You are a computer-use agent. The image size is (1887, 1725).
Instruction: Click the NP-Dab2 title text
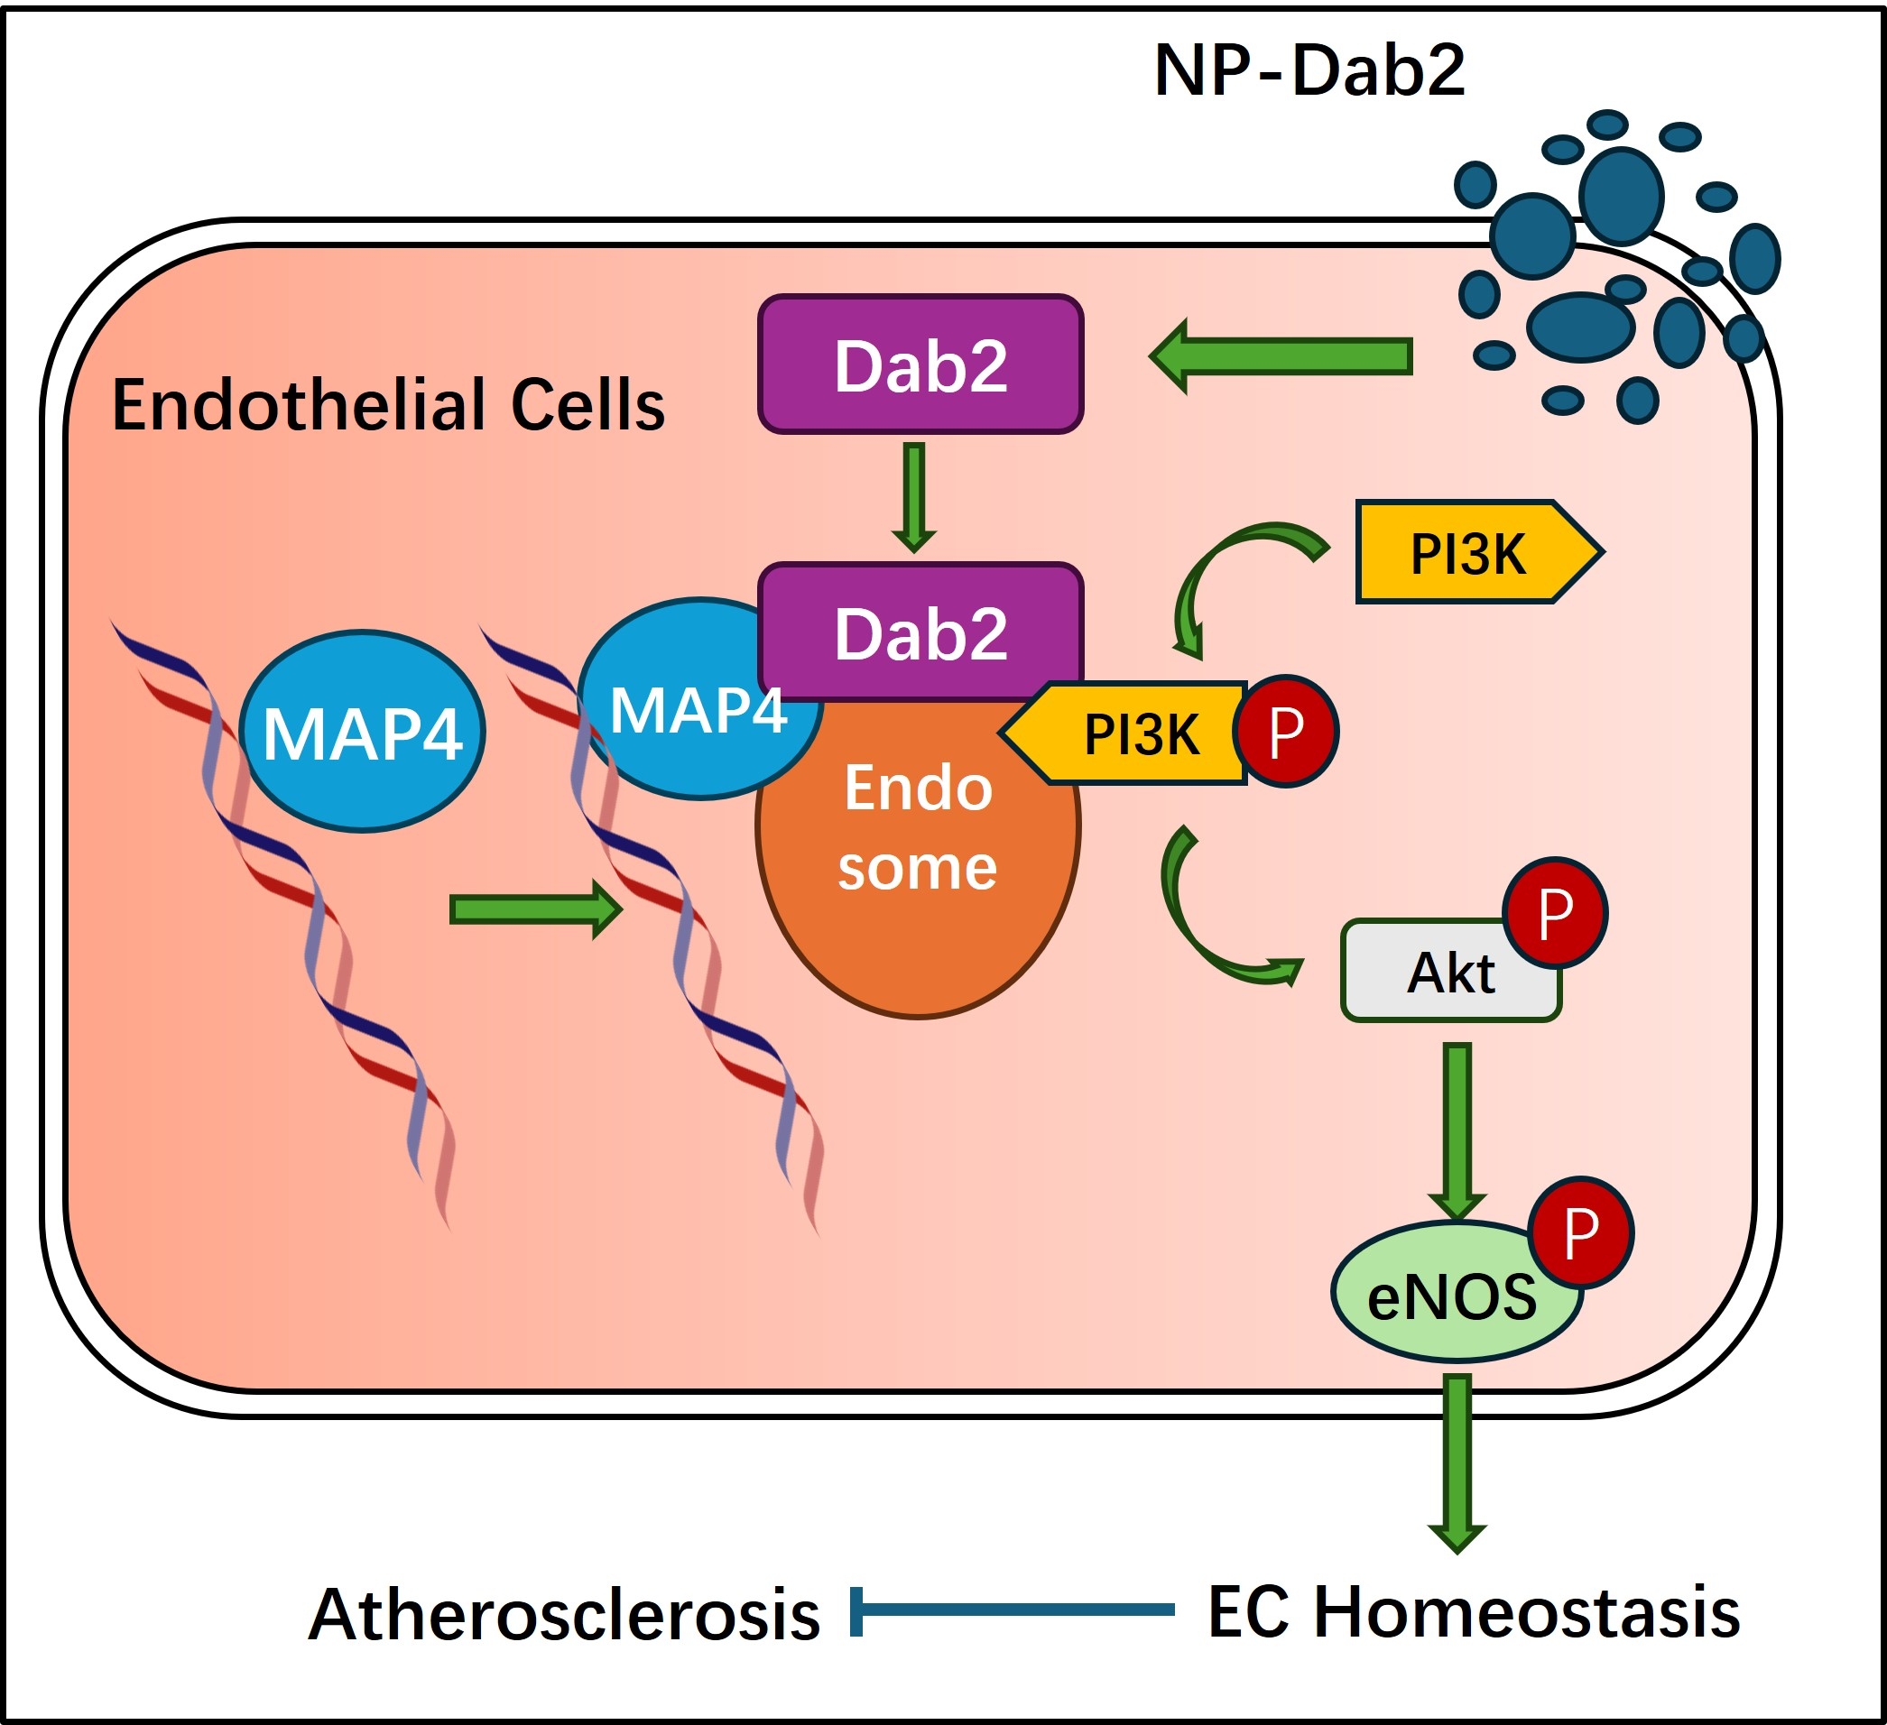pos(1309,71)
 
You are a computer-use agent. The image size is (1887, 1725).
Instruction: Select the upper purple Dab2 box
pos(921,365)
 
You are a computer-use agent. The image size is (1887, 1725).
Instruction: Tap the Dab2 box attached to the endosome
pos(921,632)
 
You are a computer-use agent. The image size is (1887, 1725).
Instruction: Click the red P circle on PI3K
pos(1286,731)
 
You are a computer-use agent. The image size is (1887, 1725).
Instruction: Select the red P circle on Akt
pos(1555,913)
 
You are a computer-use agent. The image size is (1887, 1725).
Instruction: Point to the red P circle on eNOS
pos(1581,1231)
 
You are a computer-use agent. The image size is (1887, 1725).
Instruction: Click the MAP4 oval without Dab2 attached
pos(362,731)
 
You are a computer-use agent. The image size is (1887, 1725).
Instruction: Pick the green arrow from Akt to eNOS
pos(1457,1128)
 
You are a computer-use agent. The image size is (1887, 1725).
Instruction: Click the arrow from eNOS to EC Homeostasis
pos(1457,1460)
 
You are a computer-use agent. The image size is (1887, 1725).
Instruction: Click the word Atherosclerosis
pos(563,1615)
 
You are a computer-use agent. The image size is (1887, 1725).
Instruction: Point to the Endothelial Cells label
pos(388,405)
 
